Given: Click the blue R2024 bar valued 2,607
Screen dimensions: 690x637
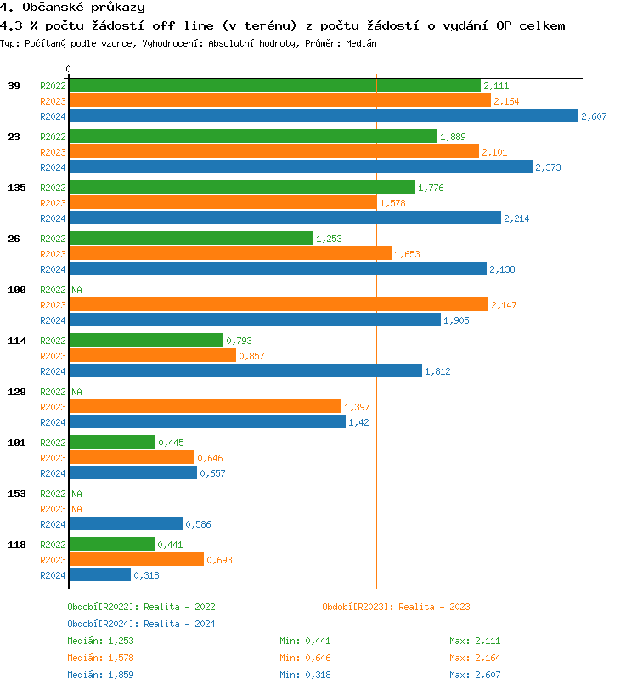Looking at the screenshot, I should click(x=324, y=116).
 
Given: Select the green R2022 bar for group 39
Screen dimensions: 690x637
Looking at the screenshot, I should click(x=274, y=86).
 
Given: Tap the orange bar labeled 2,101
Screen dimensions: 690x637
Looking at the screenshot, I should click(x=273, y=152).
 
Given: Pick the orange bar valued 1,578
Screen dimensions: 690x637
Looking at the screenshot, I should click(x=223, y=203).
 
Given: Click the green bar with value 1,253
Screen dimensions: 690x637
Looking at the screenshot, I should click(x=191, y=239).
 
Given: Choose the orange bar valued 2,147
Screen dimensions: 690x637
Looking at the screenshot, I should click(x=279, y=305).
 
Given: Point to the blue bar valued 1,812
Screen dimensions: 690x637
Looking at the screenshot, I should click(x=245, y=371).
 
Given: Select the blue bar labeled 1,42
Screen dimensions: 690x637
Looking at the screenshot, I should click(x=207, y=422).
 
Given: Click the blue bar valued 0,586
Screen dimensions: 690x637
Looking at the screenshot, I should click(x=126, y=524).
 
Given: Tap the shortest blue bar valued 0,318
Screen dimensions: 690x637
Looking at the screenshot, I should click(x=100, y=575).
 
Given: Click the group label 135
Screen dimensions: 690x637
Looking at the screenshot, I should click(x=16, y=188).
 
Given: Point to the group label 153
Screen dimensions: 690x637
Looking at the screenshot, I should click(x=16, y=494).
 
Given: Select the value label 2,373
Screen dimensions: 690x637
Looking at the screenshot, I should click(x=548, y=167).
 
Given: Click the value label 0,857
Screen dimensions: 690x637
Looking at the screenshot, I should click(x=251, y=356).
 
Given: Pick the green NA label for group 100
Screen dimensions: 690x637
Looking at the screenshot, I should click(x=76, y=290).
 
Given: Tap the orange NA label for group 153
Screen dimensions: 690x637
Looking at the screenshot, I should click(x=76, y=509).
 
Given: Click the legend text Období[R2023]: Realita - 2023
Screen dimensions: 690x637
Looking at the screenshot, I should click(x=396, y=607).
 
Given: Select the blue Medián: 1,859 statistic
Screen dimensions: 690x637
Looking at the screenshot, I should click(x=100, y=675).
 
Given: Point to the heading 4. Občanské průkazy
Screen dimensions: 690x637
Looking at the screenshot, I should click(x=73, y=8).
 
